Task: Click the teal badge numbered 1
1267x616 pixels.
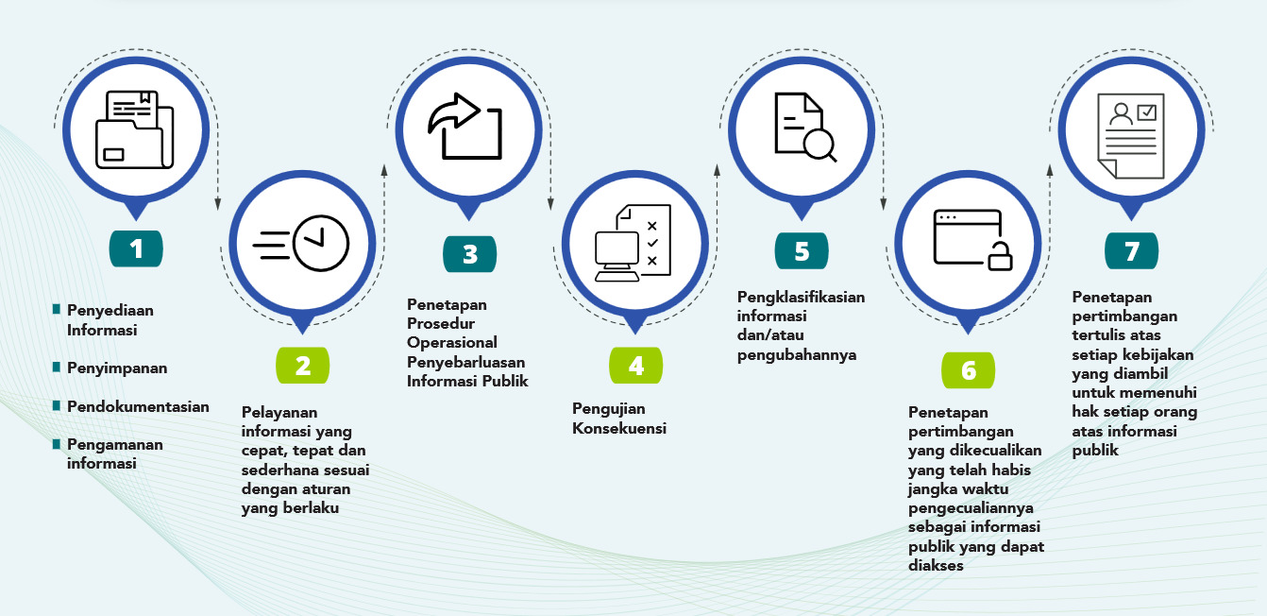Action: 136,248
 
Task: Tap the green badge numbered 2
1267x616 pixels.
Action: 303,366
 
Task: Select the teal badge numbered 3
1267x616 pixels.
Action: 469,253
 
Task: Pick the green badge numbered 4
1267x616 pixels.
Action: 635,366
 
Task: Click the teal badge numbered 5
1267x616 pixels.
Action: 802,250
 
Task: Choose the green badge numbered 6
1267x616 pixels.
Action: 969,370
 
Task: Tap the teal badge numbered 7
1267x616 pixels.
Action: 1131,250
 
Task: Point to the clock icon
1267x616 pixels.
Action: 321,243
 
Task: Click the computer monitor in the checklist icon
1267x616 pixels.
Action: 617,256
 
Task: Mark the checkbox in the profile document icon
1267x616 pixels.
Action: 1147,112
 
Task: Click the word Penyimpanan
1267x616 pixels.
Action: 117,368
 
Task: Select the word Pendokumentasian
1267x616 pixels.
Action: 138,406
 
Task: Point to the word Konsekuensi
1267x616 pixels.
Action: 619,428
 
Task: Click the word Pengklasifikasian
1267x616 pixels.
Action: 801,298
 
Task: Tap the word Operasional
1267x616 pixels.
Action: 452,343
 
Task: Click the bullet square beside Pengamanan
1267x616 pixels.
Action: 57,444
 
